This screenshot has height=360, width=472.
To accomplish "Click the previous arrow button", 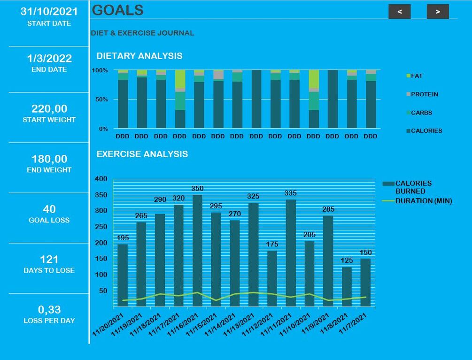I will [x=399, y=12].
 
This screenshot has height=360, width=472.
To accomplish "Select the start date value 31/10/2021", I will [x=49, y=12].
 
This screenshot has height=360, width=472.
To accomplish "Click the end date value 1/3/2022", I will [x=49, y=58].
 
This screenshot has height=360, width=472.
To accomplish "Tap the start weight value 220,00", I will [x=49, y=109].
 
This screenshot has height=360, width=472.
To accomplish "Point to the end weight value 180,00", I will [x=49, y=159].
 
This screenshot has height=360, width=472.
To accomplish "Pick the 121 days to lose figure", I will [x=49, y=260].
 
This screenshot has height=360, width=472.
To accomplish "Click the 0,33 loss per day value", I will [x=49, y=310].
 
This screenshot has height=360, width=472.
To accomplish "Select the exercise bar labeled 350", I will [x=197, y=251].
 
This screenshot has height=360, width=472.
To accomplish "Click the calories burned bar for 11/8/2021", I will [x=347, y=287].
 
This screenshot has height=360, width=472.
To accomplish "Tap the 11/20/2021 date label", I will [x=108, y=324].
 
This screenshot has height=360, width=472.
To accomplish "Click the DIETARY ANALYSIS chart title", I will [x=139, y=56].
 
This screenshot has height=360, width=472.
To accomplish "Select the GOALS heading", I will [x=117, y=10].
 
